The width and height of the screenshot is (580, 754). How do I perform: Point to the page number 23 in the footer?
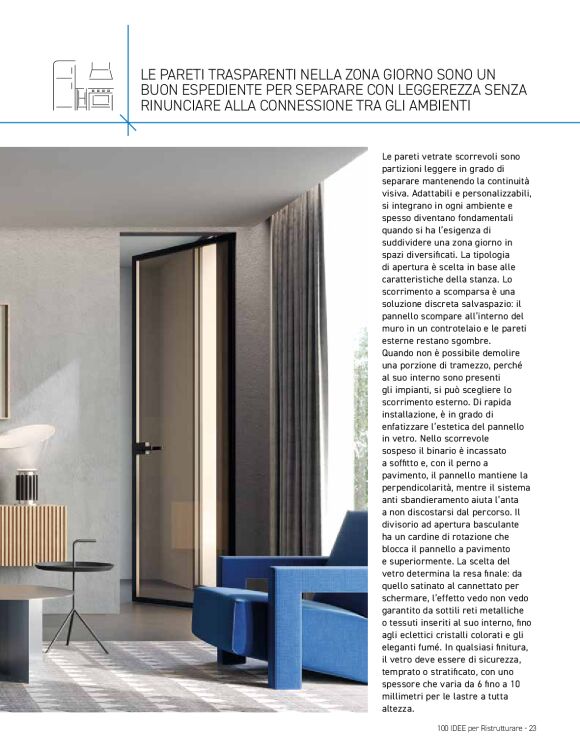(533, 727)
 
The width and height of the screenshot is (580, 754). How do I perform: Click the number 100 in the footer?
(444, 727)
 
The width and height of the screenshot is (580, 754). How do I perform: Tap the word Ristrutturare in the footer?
(499, 727)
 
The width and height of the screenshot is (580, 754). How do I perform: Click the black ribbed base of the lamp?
(27, 487)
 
